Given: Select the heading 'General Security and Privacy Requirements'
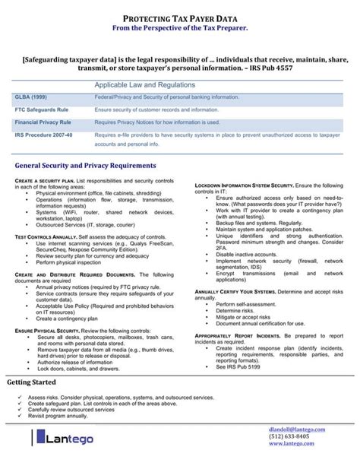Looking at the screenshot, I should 85,166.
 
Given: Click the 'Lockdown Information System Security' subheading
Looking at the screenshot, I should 245,186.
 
